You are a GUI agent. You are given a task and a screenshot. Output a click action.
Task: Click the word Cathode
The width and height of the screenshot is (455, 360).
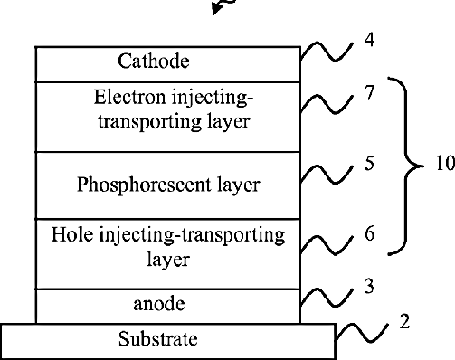click(x=154, y=62)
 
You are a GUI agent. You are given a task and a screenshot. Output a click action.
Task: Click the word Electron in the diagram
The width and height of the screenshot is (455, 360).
click(x=130, y=98)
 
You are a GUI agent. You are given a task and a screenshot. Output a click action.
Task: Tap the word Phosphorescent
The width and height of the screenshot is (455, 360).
click(x=144, y=185)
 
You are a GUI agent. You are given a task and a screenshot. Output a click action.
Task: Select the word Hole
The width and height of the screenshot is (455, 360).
click(x=72, y=234)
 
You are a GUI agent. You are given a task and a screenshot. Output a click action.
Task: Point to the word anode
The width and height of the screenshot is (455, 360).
click(x=159, y=304)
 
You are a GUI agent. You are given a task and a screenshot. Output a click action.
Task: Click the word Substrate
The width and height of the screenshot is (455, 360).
click(x=158, y=339)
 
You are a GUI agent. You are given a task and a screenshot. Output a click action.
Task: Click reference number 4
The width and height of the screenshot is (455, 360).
click(x=369, y=40)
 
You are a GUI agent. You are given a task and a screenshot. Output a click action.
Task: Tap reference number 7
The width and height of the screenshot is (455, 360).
click(x=369, y=92)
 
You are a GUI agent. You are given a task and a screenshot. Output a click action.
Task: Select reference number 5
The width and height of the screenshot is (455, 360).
click(x=369, y=163)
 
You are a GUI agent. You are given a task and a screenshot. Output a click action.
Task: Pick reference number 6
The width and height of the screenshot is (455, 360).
click(x=369, y=233)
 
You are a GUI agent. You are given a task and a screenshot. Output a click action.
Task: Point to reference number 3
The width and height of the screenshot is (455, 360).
click(x=369, y=286)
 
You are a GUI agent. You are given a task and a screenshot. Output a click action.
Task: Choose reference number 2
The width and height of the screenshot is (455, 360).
click(x=404, y=321)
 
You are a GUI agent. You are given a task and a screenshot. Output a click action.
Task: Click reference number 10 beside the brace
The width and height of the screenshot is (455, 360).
click(x=446, y=164)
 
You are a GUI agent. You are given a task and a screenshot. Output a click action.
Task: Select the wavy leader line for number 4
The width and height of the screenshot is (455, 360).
click(x=327, y=52)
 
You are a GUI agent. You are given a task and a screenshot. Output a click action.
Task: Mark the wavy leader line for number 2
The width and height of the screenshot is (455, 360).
click(x=362, y=333)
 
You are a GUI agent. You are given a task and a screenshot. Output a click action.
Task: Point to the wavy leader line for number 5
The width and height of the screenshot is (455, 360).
click(x=327, y=175)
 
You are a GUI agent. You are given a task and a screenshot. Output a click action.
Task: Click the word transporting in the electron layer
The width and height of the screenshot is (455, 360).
click(x=150, y=122)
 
